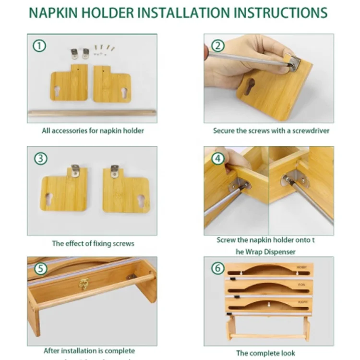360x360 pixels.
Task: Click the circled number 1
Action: tap(39, 46)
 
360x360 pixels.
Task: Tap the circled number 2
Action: tap(218, 46)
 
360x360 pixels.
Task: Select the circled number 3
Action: tap(41, 159)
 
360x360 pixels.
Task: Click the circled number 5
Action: tap(41, 269)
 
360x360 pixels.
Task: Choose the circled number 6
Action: tap(218, 269)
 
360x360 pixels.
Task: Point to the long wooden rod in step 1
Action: tap(92, 113)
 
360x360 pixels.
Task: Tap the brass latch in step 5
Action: tap(84, 283)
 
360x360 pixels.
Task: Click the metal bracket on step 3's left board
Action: tap(75, 170)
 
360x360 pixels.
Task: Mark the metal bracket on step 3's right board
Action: tap(114, 171)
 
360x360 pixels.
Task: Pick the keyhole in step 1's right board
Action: tap(124, 93)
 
